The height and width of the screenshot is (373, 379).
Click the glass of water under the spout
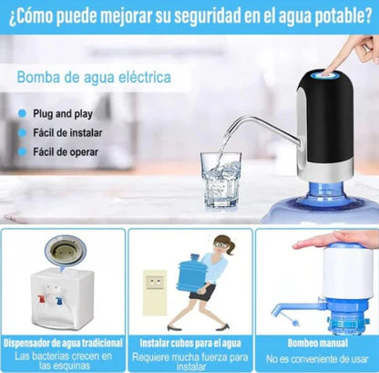pyautogui.click(x=220, y=179)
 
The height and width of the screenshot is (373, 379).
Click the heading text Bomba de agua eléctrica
pyautogui.click(x=93, y=78)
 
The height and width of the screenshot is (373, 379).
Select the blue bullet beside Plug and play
pyautogui.click(x=23, y=113)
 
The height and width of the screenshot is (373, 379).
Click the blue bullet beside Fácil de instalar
pyautogui.click(x=23, y=131)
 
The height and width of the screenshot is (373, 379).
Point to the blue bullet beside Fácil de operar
pyautogui.click(x=23, y=150)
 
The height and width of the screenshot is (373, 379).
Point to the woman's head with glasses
pyautogui.click(x=224, y=245)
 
